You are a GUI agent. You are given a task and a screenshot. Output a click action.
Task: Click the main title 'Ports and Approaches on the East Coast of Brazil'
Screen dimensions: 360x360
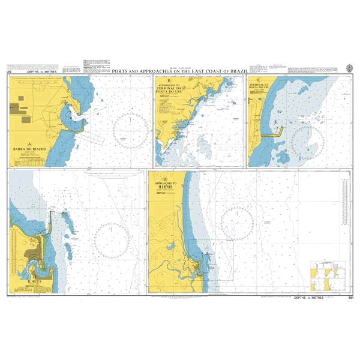(x=179, y=71)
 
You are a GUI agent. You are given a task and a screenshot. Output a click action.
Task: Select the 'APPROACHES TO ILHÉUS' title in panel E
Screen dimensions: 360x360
(x=166, y=184)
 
